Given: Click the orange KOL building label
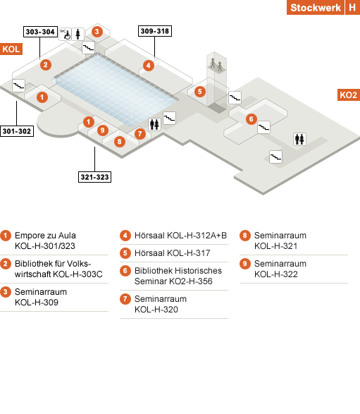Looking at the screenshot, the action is [x=11, y=49].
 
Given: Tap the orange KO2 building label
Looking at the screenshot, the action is [x=349, y=95].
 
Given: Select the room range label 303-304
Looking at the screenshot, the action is [x=40, y=32].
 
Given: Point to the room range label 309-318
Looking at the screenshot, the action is [x=155, y=31].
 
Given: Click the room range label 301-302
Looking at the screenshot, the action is [x=17, y=131].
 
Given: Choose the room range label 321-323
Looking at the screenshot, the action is [x=94, y=177].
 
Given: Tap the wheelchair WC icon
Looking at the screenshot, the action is [x=65, y=34].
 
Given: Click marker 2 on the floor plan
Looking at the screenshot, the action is [x=46, y=65].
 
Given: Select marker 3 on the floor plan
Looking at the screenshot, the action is [x=97, y=32].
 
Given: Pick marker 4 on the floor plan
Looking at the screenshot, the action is [x=149, y=66].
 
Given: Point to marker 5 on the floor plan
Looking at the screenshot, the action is [x=200, y=92].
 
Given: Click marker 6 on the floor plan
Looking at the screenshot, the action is [x=252, y=119].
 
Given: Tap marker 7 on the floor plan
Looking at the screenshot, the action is [x=139, y=134].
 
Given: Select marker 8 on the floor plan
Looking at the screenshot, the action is [x=120, y=142].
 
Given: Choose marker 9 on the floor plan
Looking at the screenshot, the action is [x=103, y=130].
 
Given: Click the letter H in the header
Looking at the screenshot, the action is [x=353, y=7].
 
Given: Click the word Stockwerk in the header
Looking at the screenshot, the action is [x=316, y=7].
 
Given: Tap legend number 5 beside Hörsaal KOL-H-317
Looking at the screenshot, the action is [x=125, y=253].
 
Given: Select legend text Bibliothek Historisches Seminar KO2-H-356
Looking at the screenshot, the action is [x=178, y=276].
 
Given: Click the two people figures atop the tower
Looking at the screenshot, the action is [x=216, y=65].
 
